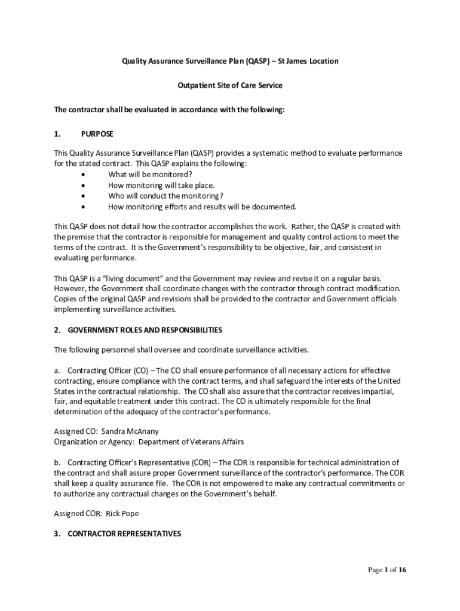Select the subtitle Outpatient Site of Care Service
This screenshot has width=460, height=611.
coord(230,85)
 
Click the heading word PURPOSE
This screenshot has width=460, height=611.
coord(97,134)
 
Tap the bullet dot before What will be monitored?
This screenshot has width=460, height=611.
coord(82,175)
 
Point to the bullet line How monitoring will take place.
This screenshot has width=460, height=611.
coord(161,186)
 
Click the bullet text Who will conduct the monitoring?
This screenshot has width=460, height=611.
coord(165,196)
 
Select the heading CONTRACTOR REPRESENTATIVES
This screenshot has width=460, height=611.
coord(124,534)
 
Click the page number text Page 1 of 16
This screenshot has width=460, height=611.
coord(387,570)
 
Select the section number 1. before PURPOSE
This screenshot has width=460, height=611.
coord(57,134)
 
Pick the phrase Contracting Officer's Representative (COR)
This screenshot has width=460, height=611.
coord(138,463)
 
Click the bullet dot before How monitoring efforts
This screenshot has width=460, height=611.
coord(82,207)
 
